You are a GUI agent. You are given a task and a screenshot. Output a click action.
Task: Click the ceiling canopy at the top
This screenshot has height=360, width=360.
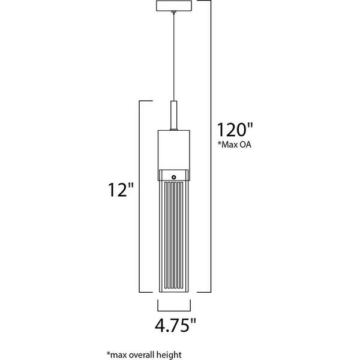click(174, 6)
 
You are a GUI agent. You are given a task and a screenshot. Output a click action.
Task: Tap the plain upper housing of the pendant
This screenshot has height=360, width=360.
click(174, 147)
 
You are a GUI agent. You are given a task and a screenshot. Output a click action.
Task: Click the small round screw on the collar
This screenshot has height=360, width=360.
click(174, 176)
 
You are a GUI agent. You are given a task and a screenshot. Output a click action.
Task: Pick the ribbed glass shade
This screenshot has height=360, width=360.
click(174, 234)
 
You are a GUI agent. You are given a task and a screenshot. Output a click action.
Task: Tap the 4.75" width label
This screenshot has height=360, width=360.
click(174, 328)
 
